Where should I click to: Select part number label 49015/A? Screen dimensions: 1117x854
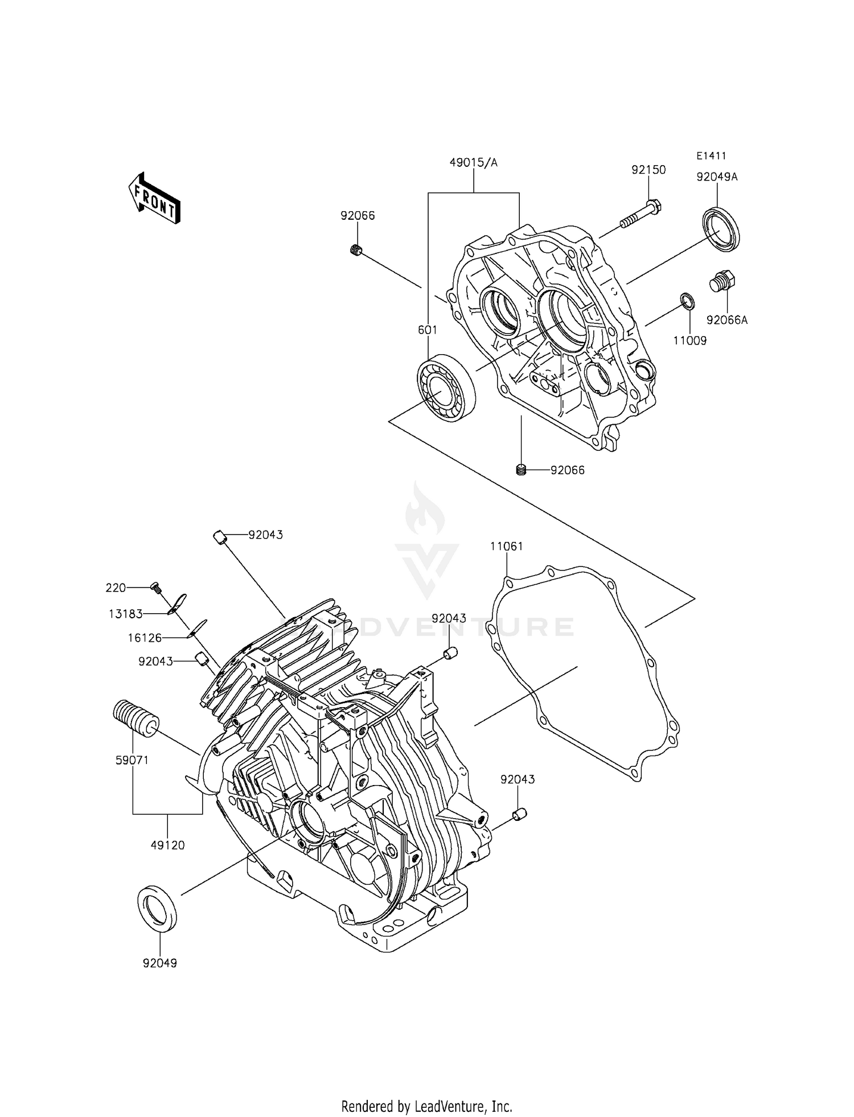[x=473, y=163]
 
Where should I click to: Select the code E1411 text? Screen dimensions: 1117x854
[x=711, y=156]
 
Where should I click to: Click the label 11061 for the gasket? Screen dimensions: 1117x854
[x=506, y=547]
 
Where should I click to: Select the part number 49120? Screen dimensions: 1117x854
[x=167, y=845]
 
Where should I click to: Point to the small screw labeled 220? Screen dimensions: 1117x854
[x=155, y=587]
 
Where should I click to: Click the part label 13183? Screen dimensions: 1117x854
[x=126, y=614]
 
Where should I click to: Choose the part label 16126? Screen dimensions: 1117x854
[x=144, y=638]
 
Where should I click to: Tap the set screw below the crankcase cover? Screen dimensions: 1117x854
[x=520, y=470]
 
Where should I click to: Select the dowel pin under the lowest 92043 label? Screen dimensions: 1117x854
[x=519, y=815]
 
